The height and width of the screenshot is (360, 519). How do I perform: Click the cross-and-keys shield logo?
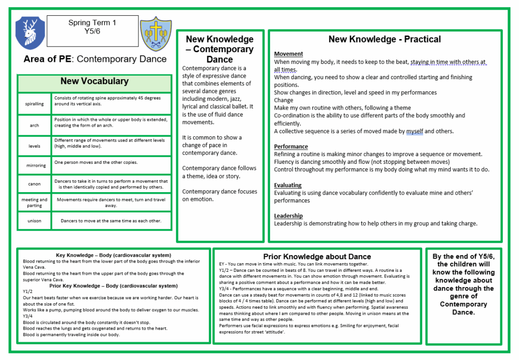(x=156, y=33)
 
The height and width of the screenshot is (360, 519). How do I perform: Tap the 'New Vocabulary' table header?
(x=94, y=82)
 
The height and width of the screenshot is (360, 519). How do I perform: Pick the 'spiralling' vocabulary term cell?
(x=34, y=104)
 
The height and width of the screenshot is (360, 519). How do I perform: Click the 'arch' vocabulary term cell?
(x=34, y=125)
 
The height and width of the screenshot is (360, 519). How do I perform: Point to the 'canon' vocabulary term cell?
(x=34, y=184)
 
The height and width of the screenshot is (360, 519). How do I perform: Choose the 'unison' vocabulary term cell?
(x=34, y=221)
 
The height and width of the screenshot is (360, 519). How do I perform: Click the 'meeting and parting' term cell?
(x=34, y=203)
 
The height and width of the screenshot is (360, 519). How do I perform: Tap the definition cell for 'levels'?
(x=112, y=146)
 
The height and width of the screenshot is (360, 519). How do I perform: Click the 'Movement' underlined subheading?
(x=288, y=54)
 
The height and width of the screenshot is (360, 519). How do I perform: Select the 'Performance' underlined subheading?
(x=291, y=147)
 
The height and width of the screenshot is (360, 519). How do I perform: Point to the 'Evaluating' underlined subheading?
(x=288, y=186)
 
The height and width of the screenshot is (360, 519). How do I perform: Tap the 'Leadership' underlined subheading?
(x=288, y=216)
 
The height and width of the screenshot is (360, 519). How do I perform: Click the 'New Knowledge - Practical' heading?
(x=385, y=40)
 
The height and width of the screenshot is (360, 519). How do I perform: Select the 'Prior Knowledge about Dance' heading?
(x=317, y=257)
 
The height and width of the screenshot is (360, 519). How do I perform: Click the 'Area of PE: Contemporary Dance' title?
(x=95, y=59)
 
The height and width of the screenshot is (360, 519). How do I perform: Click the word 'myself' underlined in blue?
(x=415, y=131)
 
